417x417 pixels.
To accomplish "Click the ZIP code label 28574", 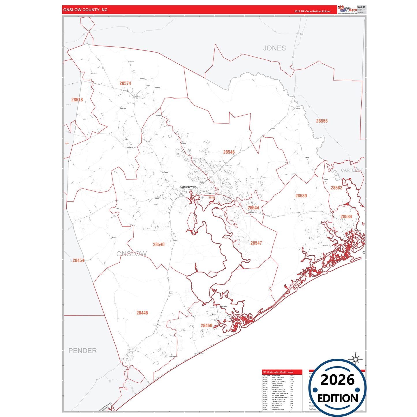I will click(x=125, y=83).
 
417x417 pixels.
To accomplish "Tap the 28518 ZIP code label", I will click(x=77, y=100).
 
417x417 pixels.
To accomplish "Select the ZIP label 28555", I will click(x=322, y=121).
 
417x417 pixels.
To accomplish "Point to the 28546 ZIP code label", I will click(x=229, y=152).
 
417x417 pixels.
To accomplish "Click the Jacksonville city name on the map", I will click(x=188, y=187).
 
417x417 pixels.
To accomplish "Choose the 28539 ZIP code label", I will click(x=301, y=196).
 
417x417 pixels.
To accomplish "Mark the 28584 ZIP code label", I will click(x=346, y=217).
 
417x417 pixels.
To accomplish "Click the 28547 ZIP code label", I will click(x=256, y=243).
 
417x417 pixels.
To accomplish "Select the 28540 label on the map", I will click(x=159, y=245).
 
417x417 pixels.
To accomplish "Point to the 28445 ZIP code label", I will click(x=142, y=313).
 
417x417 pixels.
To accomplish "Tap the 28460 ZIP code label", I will click(x=206, y=326).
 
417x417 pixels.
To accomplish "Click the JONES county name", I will click(x=274, y=48).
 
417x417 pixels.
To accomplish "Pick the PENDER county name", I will click(x=83, y=351).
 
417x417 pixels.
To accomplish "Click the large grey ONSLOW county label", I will click(x=132, y=254).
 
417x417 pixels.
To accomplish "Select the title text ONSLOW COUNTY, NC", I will click(x=85, y=10).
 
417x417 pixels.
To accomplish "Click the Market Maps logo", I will click(x=347, y=10).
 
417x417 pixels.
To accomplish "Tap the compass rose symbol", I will click(x=356, y=359).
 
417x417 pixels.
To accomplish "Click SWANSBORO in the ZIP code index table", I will click(x=278, y=409).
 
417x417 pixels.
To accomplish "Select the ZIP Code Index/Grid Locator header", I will click(x=278, y=372).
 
